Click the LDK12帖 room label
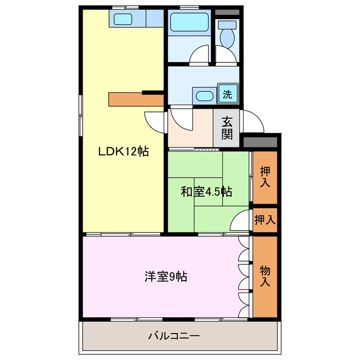point(123,151)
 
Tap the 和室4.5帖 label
point(206,192)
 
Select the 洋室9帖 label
point(166,276)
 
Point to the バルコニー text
point(174,336)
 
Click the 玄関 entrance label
point(227,127)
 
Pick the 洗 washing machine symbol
point(227,94)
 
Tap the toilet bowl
point(228,35)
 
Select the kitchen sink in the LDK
point(122,19)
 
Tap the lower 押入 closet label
point(264,219)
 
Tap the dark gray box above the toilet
point(227,12)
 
